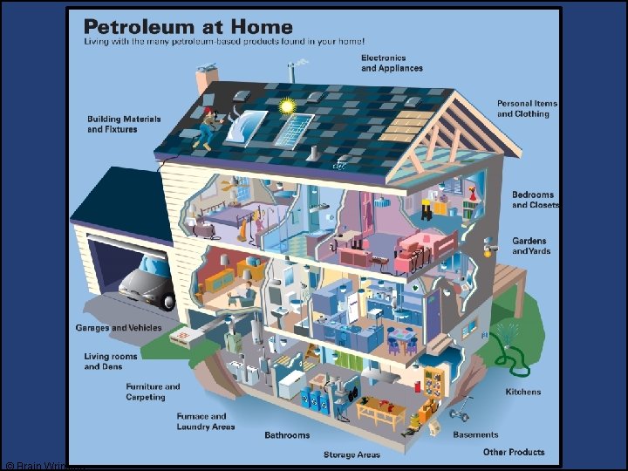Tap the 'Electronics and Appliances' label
tap(392, 64)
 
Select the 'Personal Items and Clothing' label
tap(527, 109)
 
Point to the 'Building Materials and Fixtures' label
tap(113, 124)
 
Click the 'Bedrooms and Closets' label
tap(533, 200)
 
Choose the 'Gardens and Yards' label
tap(529, 246)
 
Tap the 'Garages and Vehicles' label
tap(119, 328)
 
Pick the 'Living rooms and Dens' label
tap(109, 361)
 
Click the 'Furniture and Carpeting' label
tap(153, 392)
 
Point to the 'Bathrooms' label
tap(287, 434)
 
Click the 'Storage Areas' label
tap(352, 454)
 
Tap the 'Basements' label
tap(476, 434)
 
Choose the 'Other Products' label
tap(514, 452)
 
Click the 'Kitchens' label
tap(523, 392)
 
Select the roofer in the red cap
tap(207, 125)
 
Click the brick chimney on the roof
tap(207, 78)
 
